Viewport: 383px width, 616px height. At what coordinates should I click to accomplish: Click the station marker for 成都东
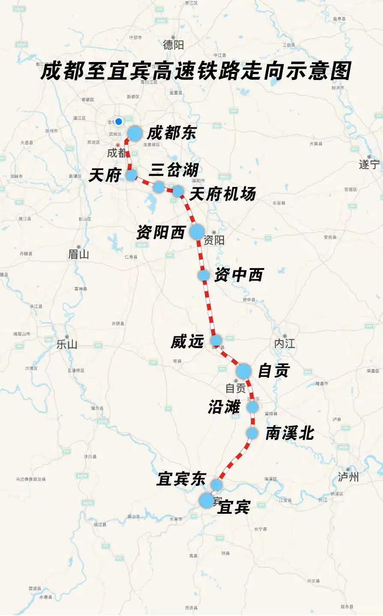coord(135,133)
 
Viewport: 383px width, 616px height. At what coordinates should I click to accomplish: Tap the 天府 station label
coord(105,175)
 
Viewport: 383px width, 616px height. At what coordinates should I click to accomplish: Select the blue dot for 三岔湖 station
coord(159,187)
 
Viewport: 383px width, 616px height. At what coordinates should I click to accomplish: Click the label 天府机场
coord(222,194)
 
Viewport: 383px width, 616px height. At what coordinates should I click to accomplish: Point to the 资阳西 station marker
coord(197,231)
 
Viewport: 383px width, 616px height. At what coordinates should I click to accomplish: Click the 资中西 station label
coord(239,275)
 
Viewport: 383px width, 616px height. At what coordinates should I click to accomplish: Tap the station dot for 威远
coord(216,340)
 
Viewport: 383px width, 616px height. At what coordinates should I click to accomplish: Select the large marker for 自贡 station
coord(243,371)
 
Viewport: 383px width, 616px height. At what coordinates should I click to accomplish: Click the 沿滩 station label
coord(224,407)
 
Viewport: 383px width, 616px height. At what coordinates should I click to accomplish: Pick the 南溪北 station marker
coord(252,433)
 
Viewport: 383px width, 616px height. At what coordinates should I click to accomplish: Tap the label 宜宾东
coord(181,479)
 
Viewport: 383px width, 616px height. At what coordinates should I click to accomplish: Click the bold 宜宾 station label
coord(234,507)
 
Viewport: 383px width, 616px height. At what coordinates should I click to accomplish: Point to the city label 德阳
coord(173,44)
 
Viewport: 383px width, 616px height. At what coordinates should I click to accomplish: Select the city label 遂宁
coord(369,164)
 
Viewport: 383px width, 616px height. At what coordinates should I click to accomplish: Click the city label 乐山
coord(67,344)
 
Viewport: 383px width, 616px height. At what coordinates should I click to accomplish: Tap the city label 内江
coord(284,343)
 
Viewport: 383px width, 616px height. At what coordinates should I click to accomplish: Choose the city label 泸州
coord(348,477)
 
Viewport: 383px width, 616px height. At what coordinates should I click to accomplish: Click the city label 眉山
coord(78,254)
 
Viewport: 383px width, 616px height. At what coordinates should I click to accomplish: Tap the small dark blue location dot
coord(119,121)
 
